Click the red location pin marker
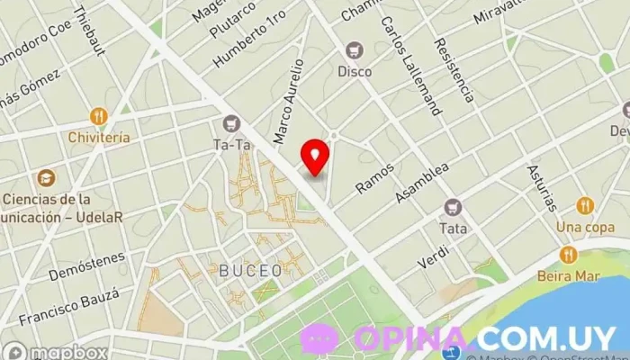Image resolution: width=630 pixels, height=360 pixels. [315, 156]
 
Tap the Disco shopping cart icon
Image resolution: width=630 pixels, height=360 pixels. [355, 49]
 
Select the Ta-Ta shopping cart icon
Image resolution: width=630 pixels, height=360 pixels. [232, 123]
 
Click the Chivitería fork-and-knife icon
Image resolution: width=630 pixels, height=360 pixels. [98, 116]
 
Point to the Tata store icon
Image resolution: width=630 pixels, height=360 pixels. [454, 207]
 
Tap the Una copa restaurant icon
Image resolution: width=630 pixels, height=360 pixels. [584, 204]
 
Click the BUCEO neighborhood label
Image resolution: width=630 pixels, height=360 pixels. [250, 269]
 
